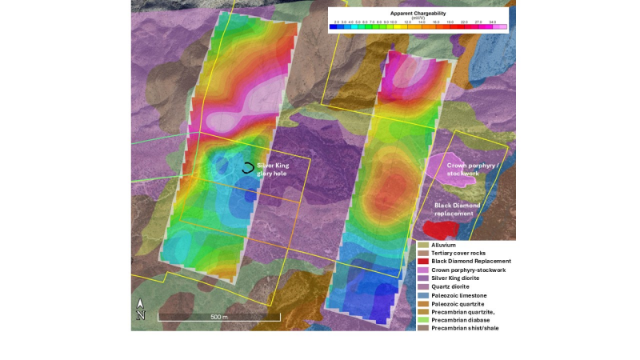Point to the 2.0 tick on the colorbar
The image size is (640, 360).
pyautogui.click(x=336, y=22)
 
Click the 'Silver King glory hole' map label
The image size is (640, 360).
pyautogui.click(x=273, y=169)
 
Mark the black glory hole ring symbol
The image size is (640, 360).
pyautogui.click(x=249, y=168)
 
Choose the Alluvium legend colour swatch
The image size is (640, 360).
pyautogui.click(x=423, y=244)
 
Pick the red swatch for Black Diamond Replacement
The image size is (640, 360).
pyautogui.click(x=423, y=261)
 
